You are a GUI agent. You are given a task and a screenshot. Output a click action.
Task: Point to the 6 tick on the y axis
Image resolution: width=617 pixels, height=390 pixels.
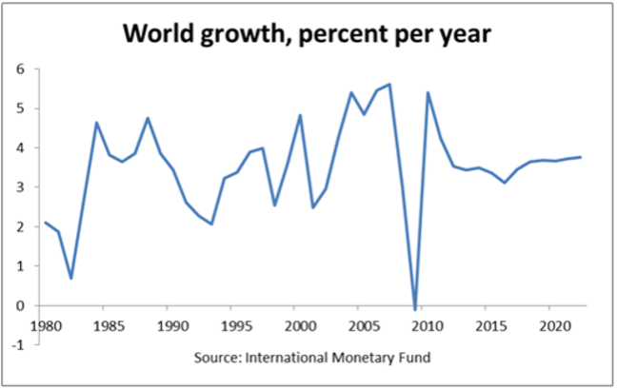click(x=19, y=69)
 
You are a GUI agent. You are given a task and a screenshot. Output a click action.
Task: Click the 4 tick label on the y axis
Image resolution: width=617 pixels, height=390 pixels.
click(x=19, y=148)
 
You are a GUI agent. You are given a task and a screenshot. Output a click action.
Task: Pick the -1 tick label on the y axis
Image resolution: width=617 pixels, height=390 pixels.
click(x=16, y=344)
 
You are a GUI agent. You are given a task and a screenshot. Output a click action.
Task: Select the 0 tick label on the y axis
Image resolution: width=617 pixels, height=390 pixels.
click(x=19, y=305)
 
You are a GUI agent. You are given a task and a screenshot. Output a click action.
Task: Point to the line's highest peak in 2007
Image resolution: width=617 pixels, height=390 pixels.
click(x=389, y=84)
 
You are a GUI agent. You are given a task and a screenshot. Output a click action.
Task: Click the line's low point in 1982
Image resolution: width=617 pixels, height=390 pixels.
click(x=71, y=278)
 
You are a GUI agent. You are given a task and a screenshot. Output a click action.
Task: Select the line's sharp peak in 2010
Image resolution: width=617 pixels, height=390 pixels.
click(x=428, y=92)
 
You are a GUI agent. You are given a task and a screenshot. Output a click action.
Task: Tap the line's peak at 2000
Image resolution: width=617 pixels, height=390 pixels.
click(x=301, y=115)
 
